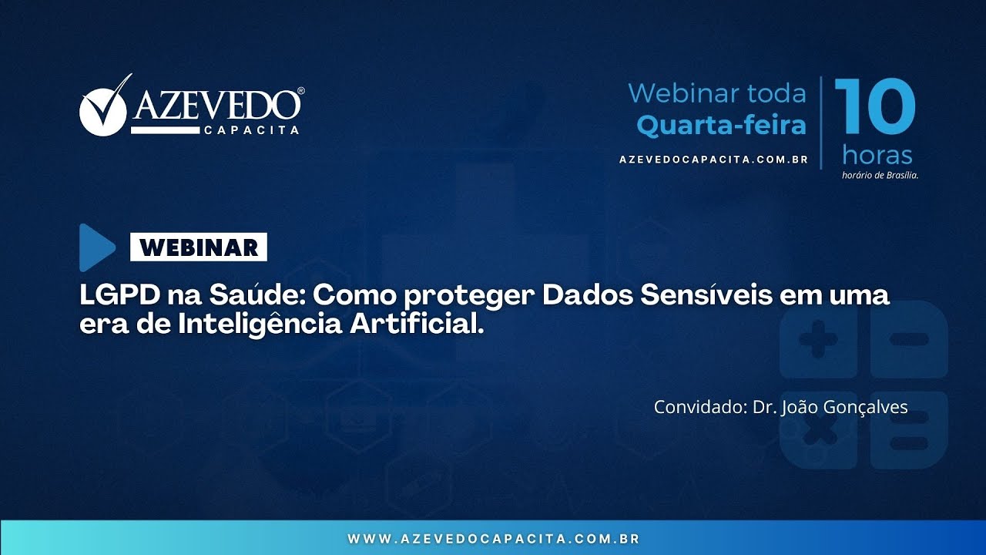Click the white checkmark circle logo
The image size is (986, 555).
(102, 110)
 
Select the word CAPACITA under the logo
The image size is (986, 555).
(251, 130)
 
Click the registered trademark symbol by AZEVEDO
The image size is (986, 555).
(300, 91)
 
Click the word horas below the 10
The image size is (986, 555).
(877, 155)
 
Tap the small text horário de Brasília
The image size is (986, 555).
(880, 175)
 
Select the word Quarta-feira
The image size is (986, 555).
(721, 125)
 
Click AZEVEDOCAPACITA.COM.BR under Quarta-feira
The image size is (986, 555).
(713, 160)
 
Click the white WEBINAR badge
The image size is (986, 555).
(199, 247)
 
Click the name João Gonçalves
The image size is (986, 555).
(844, 407)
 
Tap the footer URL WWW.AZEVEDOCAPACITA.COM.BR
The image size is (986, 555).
(493, 539)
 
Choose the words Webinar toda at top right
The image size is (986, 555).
(716, 93)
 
